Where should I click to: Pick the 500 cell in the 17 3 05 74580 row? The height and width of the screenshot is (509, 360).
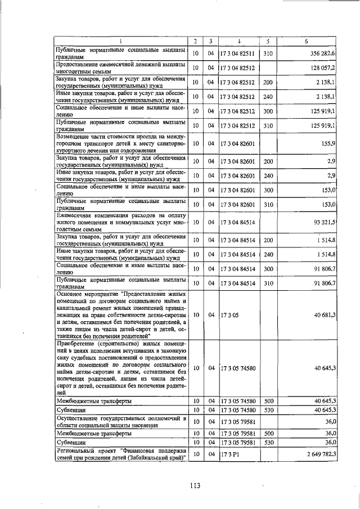coord(268,401)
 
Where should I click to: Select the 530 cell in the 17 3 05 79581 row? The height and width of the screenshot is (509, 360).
coord(268,443)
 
